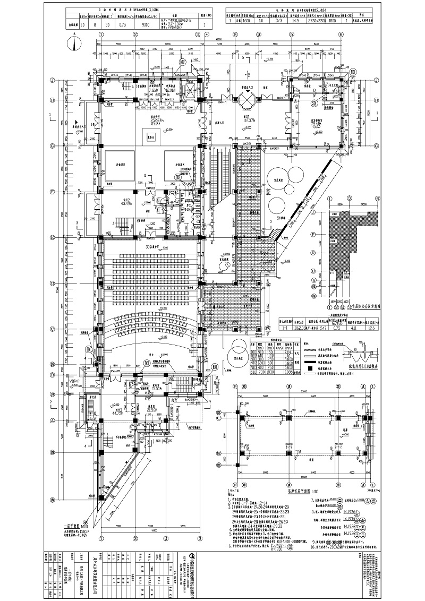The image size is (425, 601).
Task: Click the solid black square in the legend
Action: coord(309,367)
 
